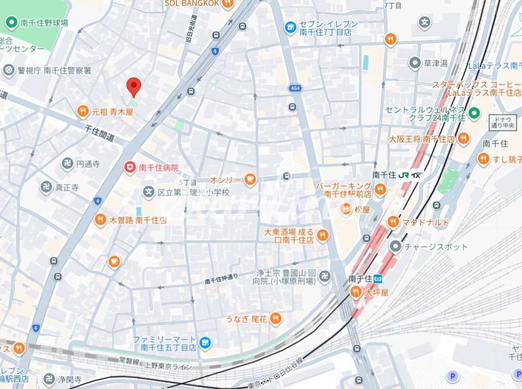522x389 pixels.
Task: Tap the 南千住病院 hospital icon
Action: [130, 167]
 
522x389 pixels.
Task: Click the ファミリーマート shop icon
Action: [205, 343]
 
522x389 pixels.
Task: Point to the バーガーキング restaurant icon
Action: [379, 190]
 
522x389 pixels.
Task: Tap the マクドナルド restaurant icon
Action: [393, 222]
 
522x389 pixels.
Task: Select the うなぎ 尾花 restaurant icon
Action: [275, 319]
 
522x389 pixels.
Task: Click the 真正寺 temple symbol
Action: [46, 187]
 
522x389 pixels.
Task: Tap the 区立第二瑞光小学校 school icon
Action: [148, 192]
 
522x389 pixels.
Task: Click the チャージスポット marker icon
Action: [396, 247]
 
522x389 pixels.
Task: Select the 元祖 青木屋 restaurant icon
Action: [83, 111]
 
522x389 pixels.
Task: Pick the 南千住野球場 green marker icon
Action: [11, 22]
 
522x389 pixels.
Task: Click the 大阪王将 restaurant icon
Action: [463, 138]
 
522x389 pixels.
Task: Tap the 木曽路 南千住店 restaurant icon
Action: [100, 220]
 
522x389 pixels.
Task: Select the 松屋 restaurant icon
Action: [346, 209]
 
